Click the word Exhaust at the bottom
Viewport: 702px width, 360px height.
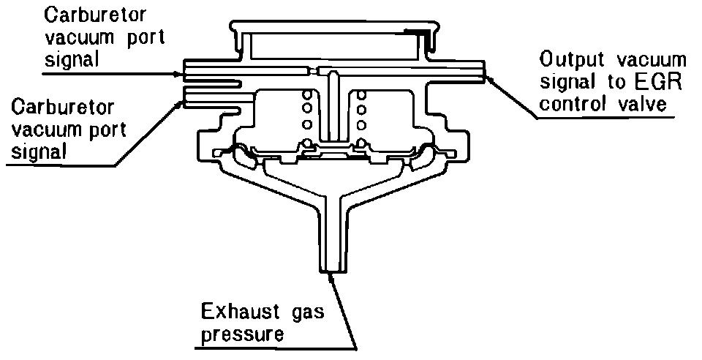coord(237,315)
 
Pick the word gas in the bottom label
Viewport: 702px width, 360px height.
coord(309,315)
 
